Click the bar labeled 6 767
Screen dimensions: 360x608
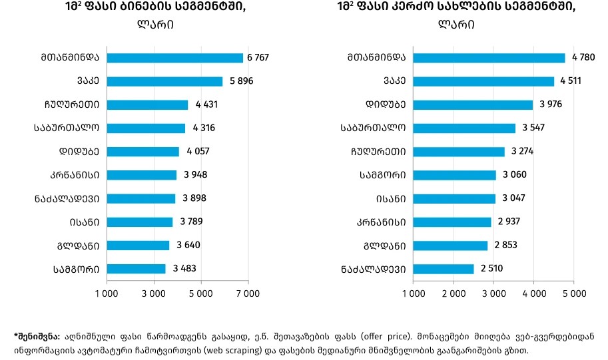pyautogui.click(x=174, y=58)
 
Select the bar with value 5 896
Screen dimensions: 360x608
pyautogui.click(x=164, y=81)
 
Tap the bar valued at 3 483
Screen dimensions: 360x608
pyautogui.click(x=136, y=269)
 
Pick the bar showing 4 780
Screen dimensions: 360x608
pyautogui.click(x=489, y=58)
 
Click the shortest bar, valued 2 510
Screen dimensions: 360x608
pyautogui.click(x=444, y=269)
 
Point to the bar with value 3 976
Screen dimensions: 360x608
pyautogui.click(x=473, y=104)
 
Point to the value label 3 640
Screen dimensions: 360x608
pyautogui.click(x=188, y=246)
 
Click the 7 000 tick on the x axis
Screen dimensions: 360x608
pyautogui.click(x=248, y=293)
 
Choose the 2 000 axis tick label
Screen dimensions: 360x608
pyautogui.click(x=454, y=293)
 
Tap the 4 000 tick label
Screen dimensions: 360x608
pyautogui.click(x=533, y=293)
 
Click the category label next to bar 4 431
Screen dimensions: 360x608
pyautogui.click(x=68, y=104)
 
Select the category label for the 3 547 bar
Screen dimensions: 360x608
pyautogui.click(x=373, y=128)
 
